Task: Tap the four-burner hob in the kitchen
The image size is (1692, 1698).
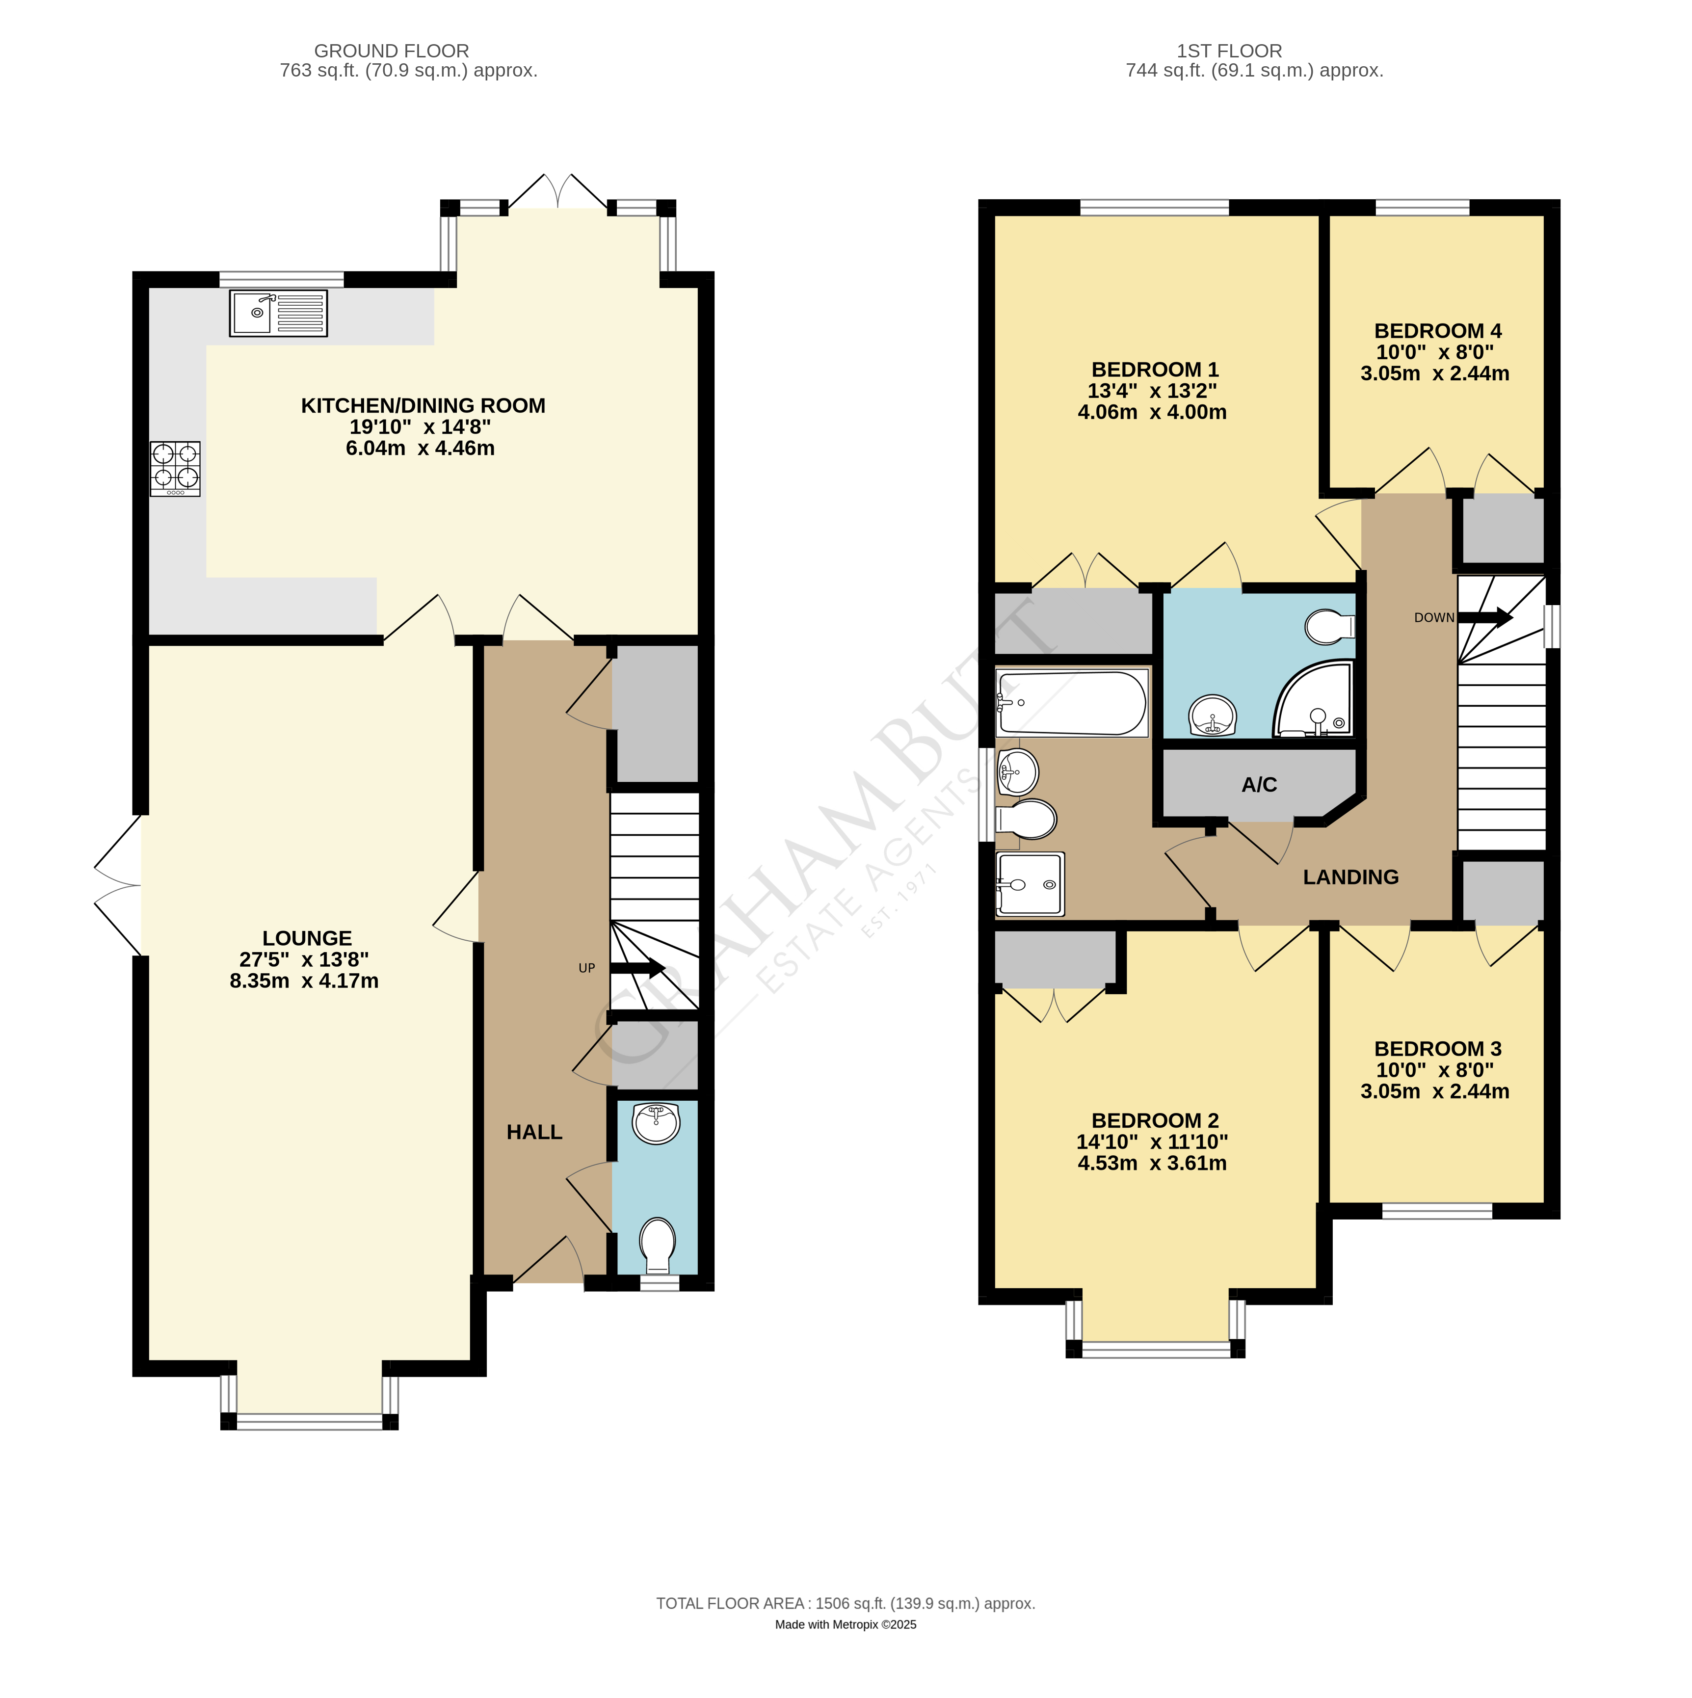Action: [175, 469]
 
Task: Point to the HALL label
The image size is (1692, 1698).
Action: [534, 1132]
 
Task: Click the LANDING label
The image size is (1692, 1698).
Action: [1351, 877]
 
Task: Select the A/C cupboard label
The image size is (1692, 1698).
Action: [1260, 785]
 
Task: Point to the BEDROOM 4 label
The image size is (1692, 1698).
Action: [1438, 331]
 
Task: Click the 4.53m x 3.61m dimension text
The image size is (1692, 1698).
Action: [1152, 1164]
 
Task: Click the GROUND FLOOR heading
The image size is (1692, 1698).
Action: [392, 51]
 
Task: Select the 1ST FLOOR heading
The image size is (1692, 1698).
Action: [1230, 51]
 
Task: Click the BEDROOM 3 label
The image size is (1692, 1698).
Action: [1438, 1049]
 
